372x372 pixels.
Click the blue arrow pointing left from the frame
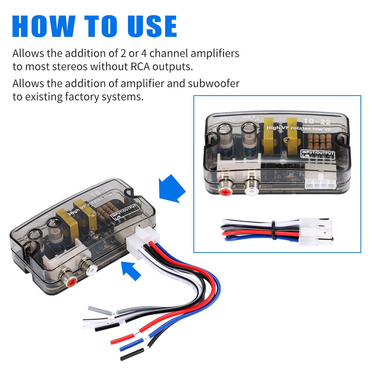tap(172, 189)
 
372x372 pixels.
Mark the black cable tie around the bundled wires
tap(273, 231)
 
